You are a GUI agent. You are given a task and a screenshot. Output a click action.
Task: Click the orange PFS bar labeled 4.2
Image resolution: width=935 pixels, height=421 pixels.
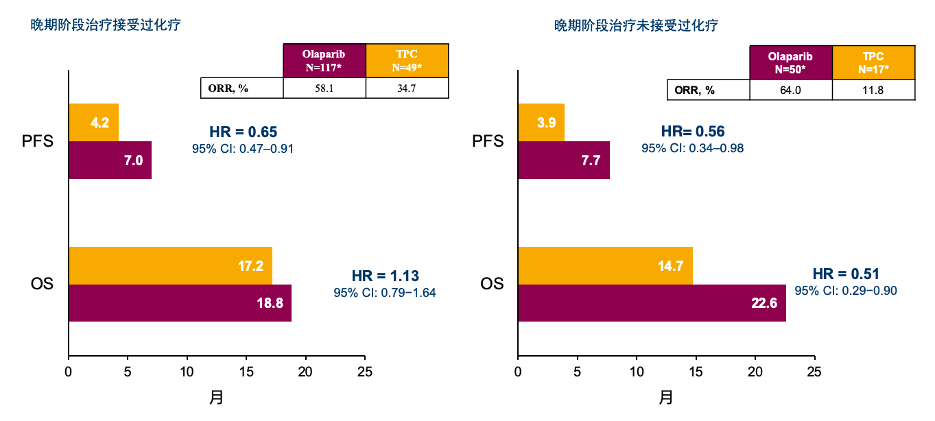[94, 123]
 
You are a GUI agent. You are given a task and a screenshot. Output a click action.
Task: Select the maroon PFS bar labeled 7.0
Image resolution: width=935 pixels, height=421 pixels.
[110, 160]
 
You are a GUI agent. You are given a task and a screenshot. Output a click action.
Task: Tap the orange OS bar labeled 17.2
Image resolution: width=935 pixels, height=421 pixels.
[171, 265]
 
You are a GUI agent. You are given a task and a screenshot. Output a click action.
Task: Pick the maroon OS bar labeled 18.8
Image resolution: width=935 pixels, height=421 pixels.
[180, 303]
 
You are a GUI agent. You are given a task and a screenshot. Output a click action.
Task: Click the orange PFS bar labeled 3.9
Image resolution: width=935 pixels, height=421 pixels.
[541, 123]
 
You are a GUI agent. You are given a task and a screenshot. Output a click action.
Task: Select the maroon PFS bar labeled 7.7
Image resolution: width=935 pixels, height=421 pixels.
[564, 160]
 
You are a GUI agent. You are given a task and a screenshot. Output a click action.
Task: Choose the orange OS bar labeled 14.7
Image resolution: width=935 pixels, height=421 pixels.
[605, 265]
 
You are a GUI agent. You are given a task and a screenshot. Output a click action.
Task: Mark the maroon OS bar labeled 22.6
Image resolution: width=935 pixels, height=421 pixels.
[652, 303]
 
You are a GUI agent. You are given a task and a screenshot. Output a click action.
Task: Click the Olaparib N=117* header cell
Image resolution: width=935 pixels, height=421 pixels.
[324, 61]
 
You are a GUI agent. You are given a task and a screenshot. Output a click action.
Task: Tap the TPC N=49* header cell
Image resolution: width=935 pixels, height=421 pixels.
[407, 61]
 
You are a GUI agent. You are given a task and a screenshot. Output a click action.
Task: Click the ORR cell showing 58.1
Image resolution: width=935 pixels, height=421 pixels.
[324, 88]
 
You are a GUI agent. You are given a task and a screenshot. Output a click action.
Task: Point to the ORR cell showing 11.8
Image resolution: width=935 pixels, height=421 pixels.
[873, 90]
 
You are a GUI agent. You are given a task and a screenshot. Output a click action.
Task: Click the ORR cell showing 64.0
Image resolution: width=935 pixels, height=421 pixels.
[791, 90]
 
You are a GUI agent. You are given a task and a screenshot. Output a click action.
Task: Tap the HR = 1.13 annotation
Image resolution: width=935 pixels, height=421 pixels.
[385, 276]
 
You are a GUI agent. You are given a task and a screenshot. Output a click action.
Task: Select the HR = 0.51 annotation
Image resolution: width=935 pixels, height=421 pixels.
[846, 274]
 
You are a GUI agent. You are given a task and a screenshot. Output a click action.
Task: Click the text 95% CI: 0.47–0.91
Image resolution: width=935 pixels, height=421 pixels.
[243, 149]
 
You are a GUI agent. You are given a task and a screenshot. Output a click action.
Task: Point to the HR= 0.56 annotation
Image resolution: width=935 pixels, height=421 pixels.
[693, 132]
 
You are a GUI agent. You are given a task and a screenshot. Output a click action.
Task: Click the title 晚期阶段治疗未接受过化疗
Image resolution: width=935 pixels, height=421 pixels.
[636, 26]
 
